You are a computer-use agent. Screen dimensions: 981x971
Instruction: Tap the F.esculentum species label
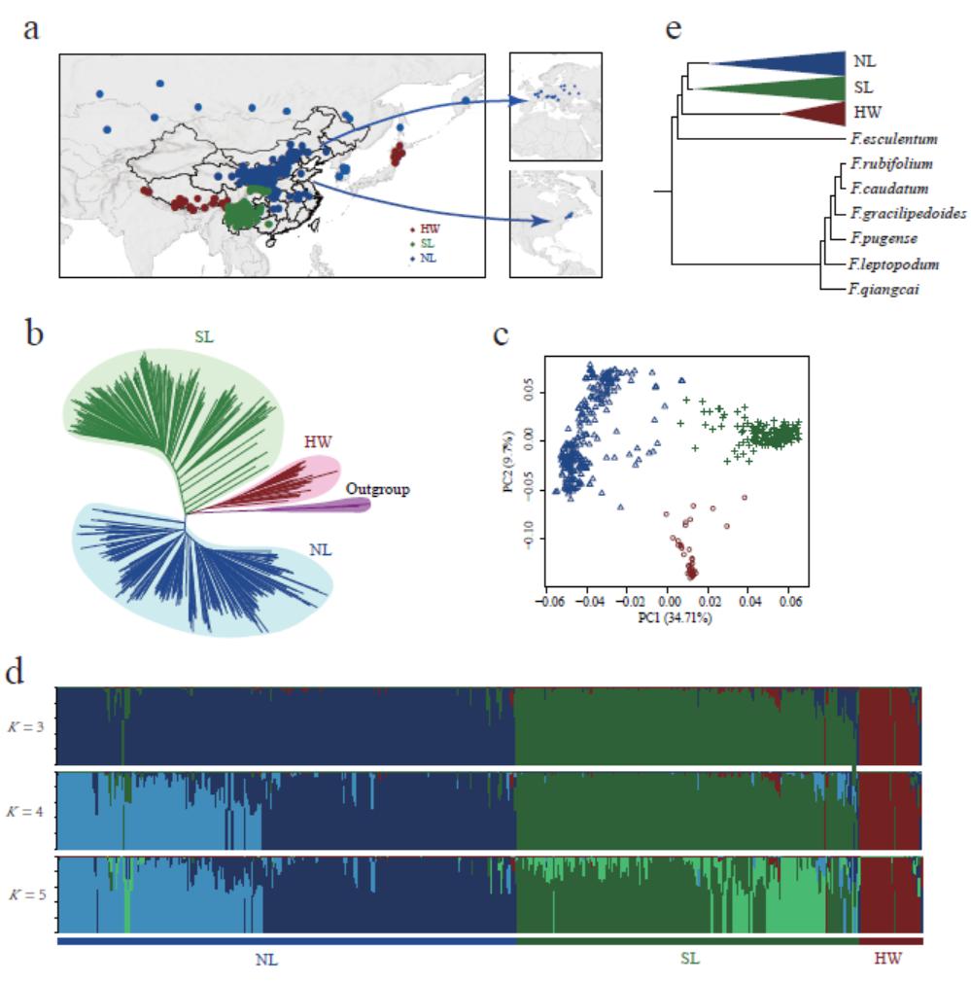(x=893, y=139)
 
